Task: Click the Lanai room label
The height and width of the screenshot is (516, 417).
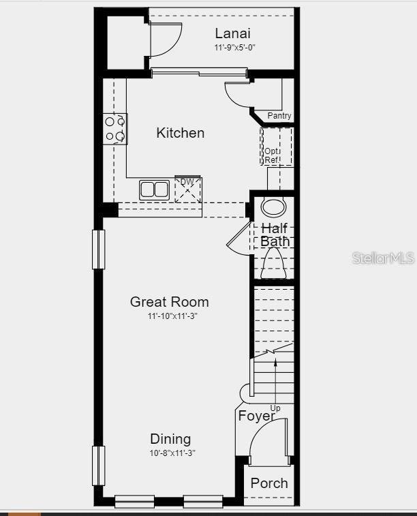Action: [x=232, y=33]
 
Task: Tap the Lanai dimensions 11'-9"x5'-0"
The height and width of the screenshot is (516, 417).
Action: [x=234, y=48]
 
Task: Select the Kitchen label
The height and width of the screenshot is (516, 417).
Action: [x=180, y=132]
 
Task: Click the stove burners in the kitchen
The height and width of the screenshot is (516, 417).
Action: [x=115, y=129]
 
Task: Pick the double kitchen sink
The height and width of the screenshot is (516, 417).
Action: [x=155, y=189]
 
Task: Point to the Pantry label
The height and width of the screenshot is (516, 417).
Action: [x=279, y=116]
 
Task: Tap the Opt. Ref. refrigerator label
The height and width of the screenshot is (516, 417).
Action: [x=272, y=155]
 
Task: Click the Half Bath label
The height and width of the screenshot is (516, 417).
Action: [x=275, y=234]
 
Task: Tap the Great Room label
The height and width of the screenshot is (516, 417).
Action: [x=170, y=301]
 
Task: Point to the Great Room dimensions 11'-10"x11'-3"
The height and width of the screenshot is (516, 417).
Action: [x=172, y=316]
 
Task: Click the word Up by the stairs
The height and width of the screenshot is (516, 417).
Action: [x=275, y=408]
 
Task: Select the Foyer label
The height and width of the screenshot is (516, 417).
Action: [x=256, y=416]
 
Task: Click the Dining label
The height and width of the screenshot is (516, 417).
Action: [x=170, y=439]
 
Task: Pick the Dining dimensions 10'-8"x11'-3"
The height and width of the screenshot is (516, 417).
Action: [x=172, y=453]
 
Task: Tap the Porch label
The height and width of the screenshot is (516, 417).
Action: [x=269, y=483]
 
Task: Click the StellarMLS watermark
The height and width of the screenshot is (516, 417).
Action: [x=382, y=258]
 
